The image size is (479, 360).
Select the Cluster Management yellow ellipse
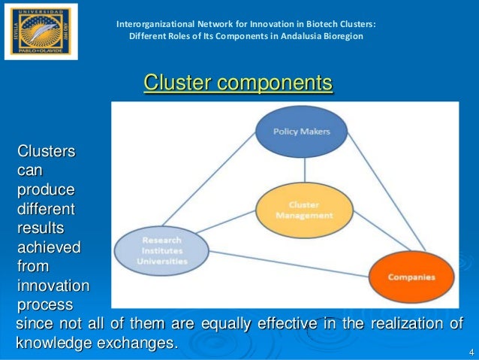pos(304,210)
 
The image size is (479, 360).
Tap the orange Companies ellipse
pos(411,277)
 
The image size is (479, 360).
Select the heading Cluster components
pos(238,83)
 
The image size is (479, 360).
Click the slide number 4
pos(470,352)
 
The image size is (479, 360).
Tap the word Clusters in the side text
pos(46,152)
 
